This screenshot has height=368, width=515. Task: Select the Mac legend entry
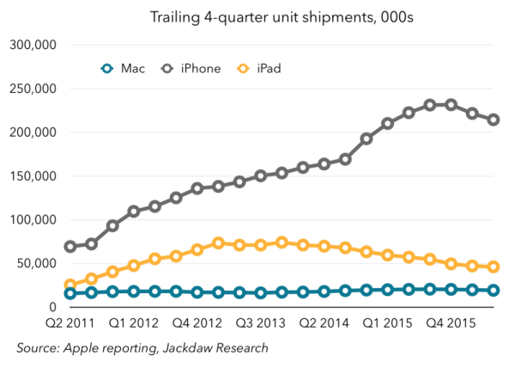coord(119,68)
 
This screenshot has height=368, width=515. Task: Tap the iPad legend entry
coord(257,68)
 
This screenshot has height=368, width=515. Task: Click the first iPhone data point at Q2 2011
coord(70,247)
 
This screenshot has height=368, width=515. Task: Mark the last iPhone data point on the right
coord(494,120)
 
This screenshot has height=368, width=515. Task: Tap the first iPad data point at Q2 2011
coord(70,285)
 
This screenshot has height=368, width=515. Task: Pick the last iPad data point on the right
coord(494,267)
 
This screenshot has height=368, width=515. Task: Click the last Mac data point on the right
coord(494,291)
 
